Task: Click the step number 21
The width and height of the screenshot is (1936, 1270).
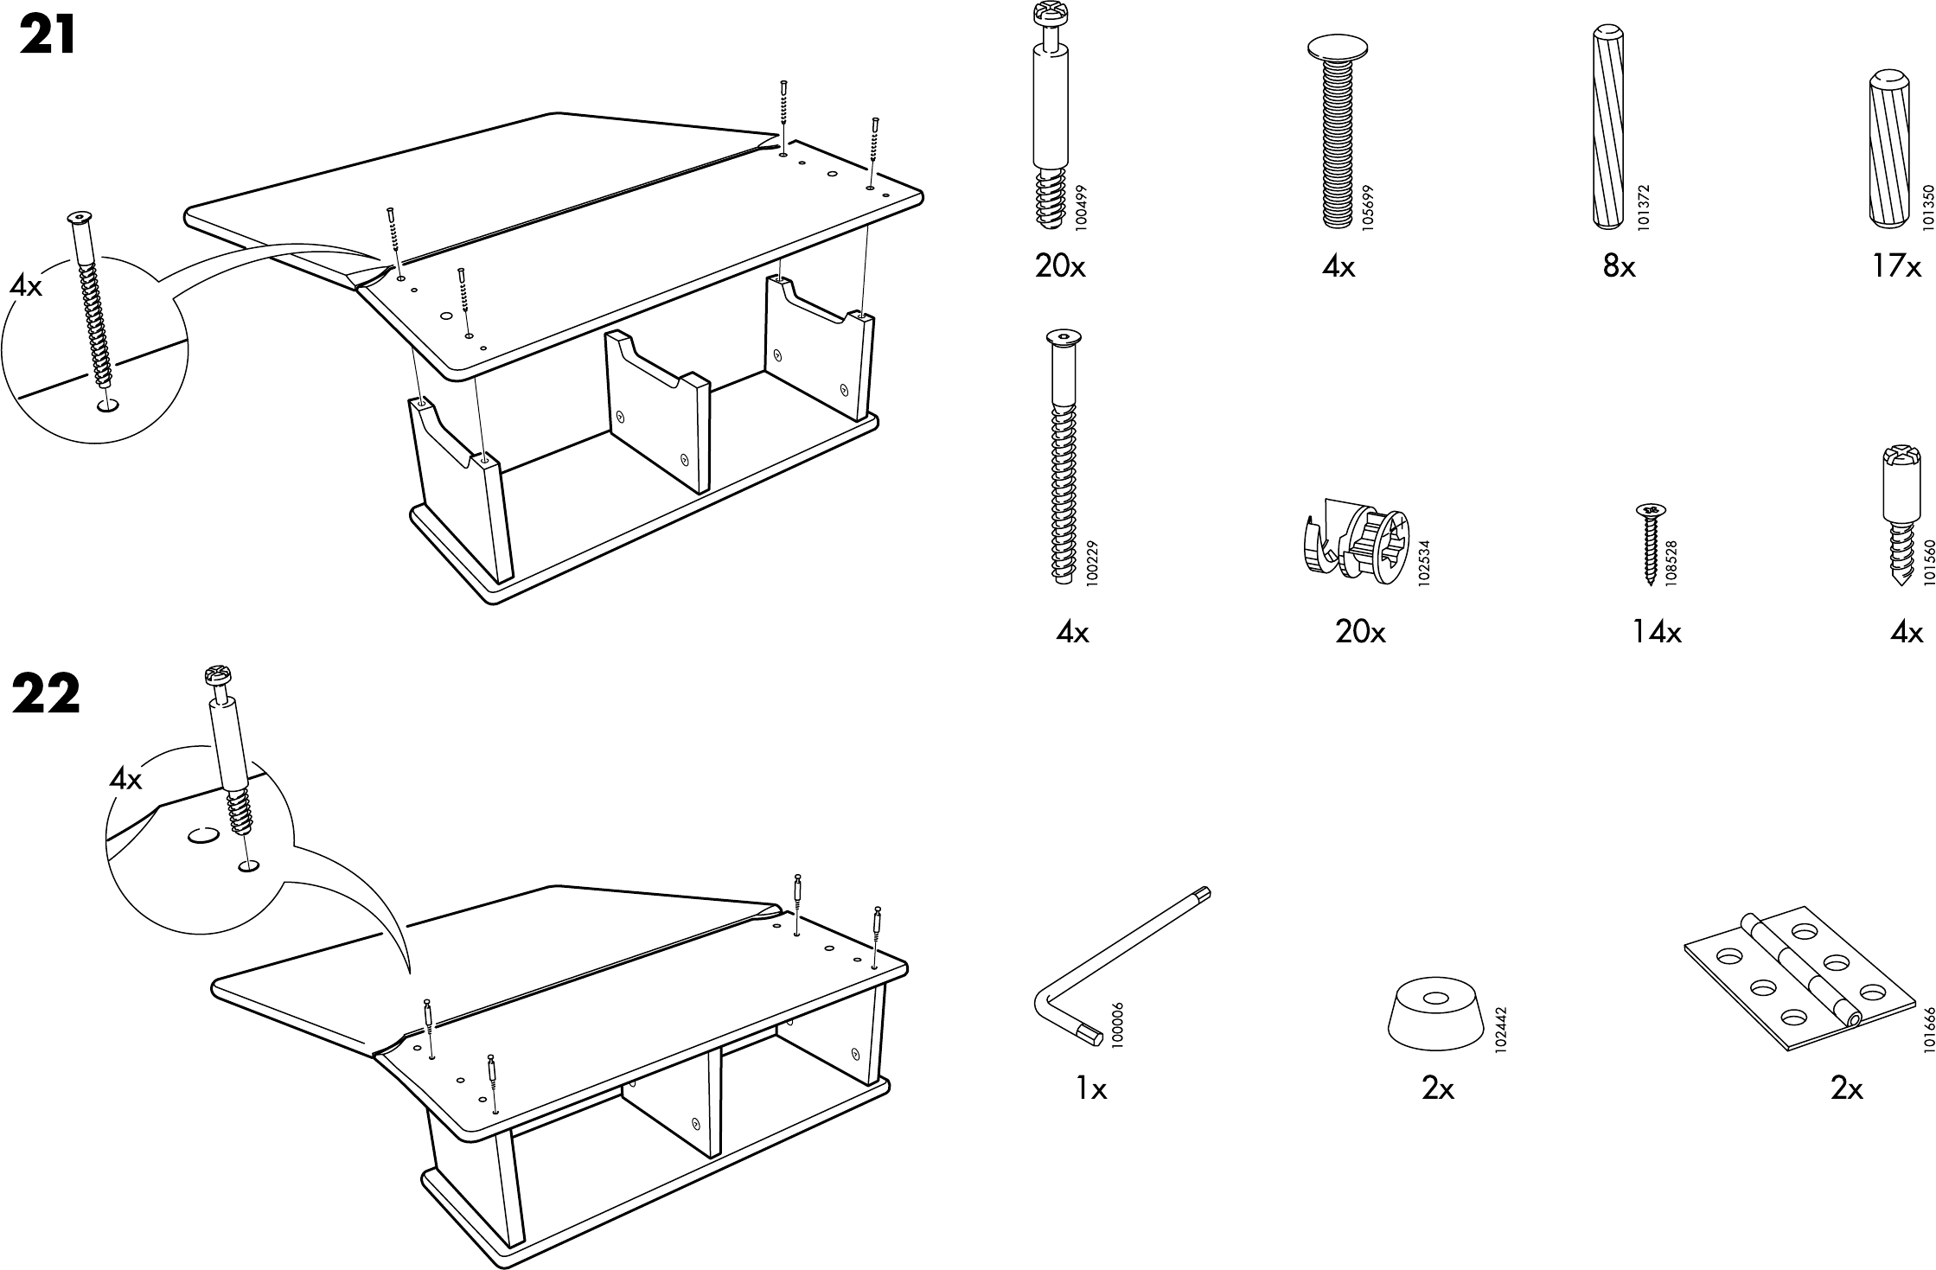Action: click(x=48, y=37)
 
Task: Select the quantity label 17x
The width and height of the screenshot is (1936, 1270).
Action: click(x=1896, y=267)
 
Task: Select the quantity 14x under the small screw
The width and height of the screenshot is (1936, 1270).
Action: click(x=1656, y=634)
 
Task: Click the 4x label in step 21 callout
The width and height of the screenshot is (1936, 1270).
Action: click(x=26, y=286)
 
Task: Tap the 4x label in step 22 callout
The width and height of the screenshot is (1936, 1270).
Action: click(x=125, y=780)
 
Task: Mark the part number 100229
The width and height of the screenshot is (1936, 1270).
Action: click(x=1091, y=565)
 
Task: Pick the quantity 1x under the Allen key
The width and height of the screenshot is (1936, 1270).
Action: click(x=1091, y=1089)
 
